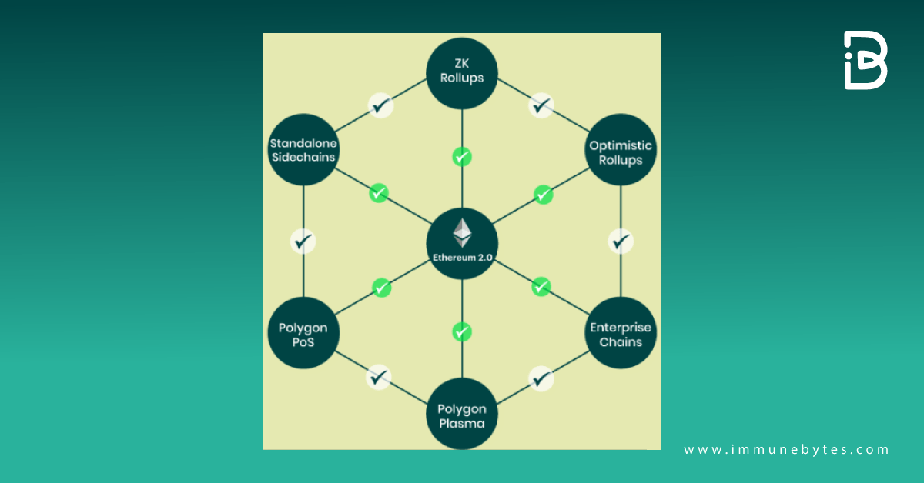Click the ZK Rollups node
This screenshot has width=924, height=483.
(462, 73)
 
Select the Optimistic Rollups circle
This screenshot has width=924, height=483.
(621, 152)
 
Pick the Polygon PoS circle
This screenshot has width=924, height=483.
(303, 334)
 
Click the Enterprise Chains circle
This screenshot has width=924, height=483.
(621, 334)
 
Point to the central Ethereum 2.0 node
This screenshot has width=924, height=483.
(462, 242)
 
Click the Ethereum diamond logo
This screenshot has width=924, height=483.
(462, 232)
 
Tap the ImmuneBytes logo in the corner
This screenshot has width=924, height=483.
(865, 61)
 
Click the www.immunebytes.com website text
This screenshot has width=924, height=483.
(786, 450)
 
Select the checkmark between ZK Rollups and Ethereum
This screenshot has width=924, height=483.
(461, 157)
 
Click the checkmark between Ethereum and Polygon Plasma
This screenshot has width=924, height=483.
(461, 332)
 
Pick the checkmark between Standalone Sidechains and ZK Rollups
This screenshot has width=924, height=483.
(380, 105)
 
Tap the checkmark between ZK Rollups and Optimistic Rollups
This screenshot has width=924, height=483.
(541, 105)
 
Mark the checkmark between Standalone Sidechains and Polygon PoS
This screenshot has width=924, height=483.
(303, 241)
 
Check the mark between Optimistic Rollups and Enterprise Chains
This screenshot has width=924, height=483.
(621, 241)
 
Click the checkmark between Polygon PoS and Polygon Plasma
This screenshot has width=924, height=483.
(377, 378)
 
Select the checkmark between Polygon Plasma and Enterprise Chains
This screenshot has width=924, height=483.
(542, 378)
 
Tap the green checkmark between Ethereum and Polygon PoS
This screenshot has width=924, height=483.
(382, 288)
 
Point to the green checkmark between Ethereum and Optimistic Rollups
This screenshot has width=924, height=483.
(543, 194)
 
